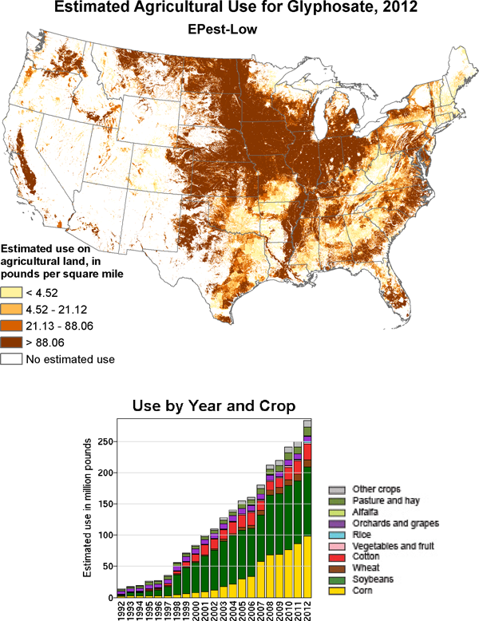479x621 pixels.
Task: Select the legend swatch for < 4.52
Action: [11, 292]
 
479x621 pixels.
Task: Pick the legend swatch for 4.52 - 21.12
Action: [11, 309]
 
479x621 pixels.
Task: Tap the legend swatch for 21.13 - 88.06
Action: [11, 326]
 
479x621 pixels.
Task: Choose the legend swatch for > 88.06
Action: [11, 342]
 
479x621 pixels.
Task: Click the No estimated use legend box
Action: [11, 359]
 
